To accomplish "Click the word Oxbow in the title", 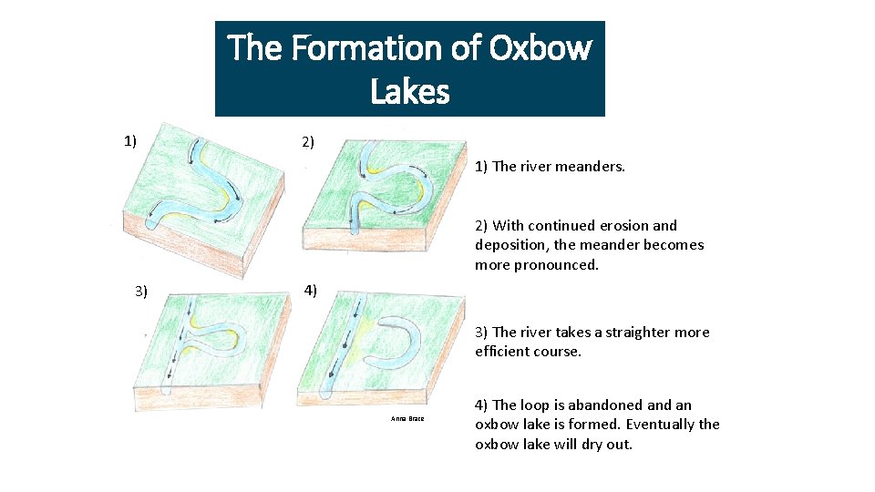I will click(540, 47).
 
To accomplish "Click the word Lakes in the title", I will click(410, 91).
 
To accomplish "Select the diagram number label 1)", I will click(130, 140).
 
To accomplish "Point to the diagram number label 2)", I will click(308, 142).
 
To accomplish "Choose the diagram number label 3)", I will click(141, 292).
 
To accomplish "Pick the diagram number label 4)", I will click(310, 291).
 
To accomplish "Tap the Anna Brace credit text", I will click(407, 419).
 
